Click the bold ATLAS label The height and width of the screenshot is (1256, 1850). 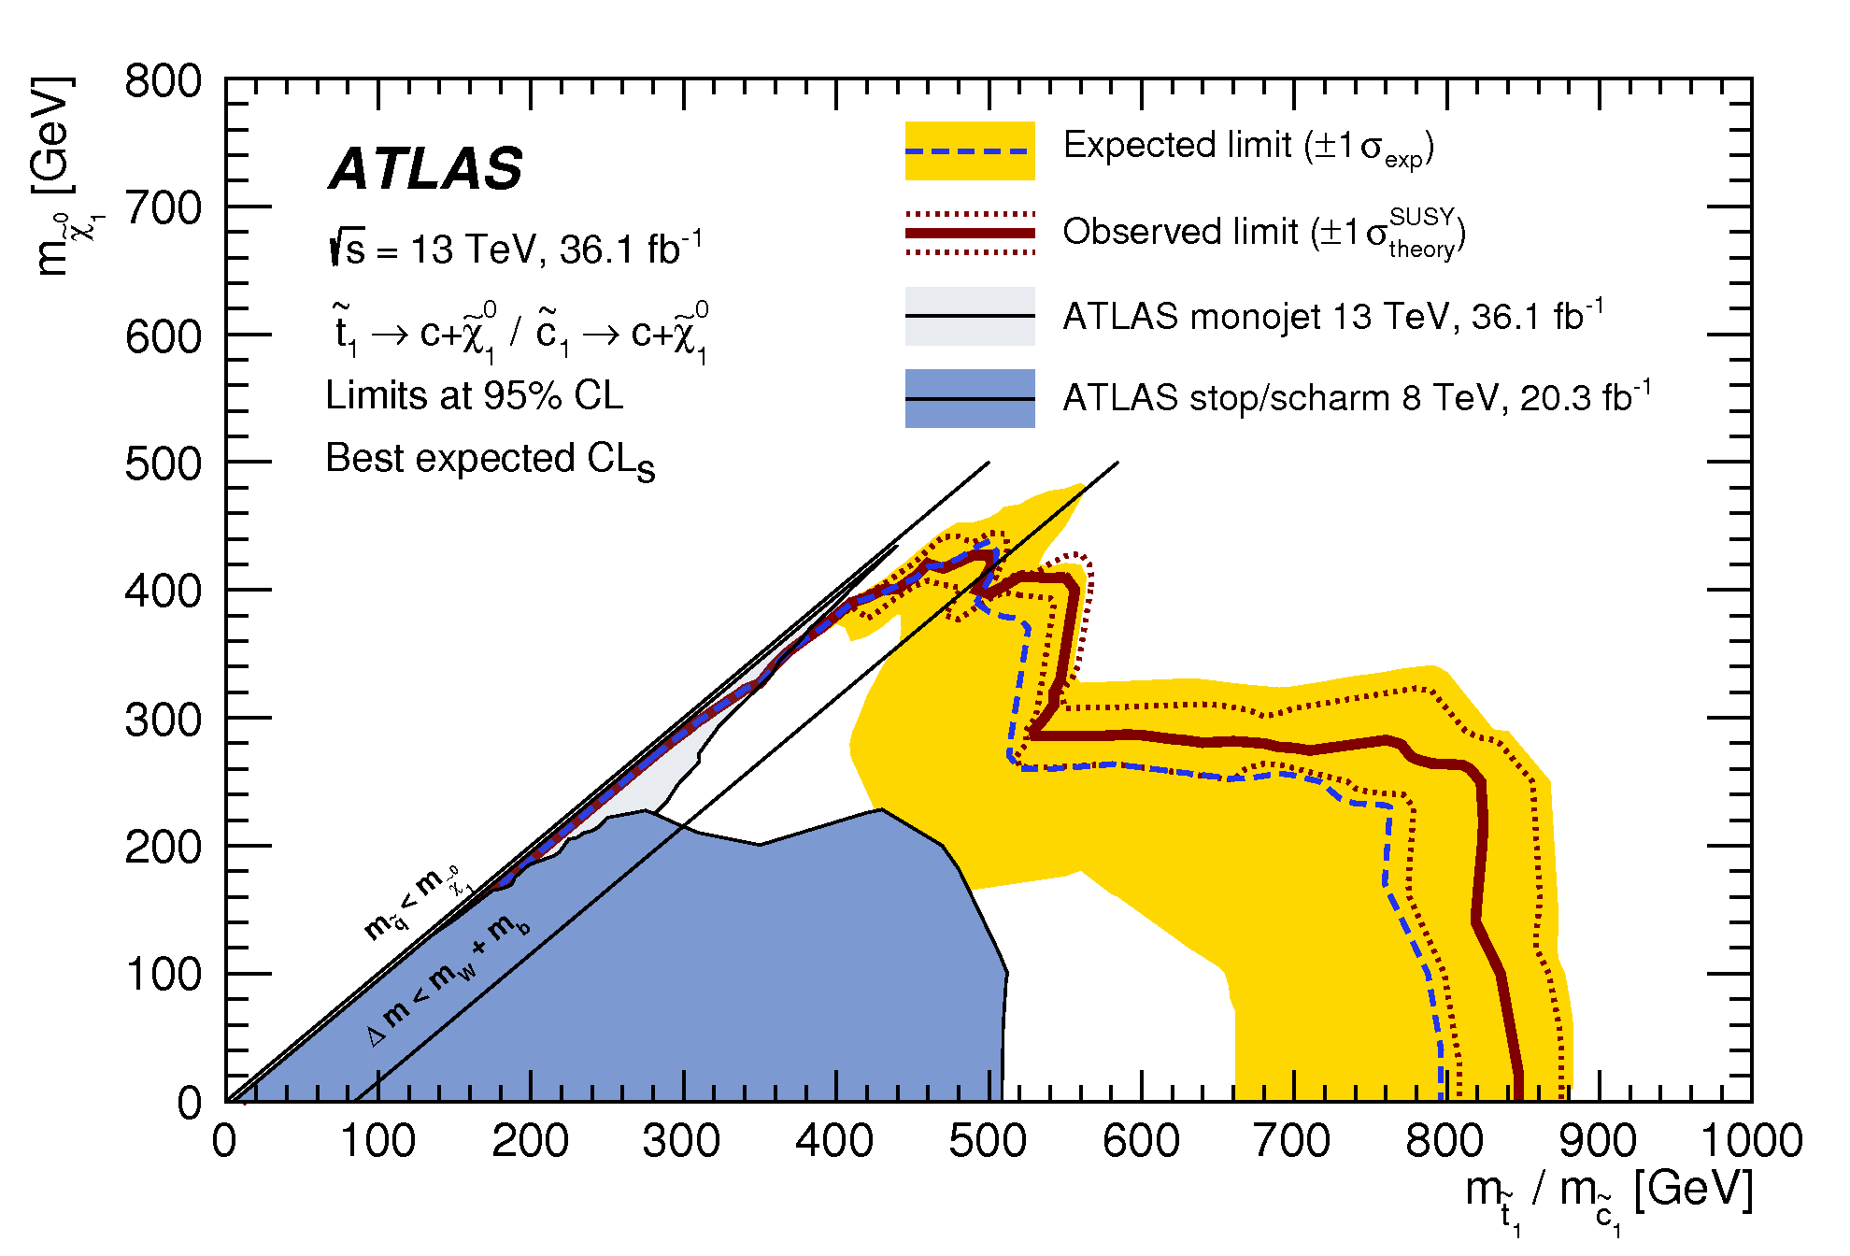[426, 169]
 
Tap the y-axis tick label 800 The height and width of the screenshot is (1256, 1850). [164, 82]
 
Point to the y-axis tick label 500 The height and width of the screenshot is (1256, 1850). [164, 464]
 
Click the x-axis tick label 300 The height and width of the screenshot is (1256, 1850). [681, 1142]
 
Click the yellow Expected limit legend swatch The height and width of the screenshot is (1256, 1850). [969, 150]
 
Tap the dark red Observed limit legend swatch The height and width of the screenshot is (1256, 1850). [969, 233]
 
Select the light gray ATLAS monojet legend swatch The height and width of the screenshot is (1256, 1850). [969, 316]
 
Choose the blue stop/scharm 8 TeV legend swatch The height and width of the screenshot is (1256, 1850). [969, 398]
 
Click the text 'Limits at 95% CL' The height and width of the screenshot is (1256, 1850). [474, 396]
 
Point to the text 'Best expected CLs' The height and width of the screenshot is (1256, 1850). [490, 460]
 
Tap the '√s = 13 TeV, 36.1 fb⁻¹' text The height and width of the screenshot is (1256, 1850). [515, 250]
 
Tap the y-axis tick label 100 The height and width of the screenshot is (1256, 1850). [164, 975]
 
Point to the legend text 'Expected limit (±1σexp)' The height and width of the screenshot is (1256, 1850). [1248, 147]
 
